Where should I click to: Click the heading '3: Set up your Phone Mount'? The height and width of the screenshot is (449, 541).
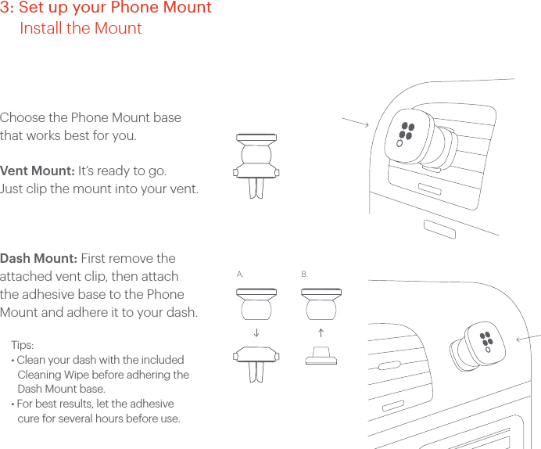click(106, 9)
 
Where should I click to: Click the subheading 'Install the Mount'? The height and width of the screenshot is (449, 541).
click(81, 29)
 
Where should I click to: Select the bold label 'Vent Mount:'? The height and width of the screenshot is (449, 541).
click(38, 171)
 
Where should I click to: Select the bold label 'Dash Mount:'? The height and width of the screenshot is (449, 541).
click(38, 259)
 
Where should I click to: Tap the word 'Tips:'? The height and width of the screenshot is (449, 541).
click(23, 345)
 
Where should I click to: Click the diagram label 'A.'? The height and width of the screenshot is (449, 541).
click(240, 275)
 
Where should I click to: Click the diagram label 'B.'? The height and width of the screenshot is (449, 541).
click(305, 275)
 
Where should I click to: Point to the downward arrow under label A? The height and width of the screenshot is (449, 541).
click(256, 332)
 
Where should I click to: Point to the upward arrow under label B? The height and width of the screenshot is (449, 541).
click(321, 332)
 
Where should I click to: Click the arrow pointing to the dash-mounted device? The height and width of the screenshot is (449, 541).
click(530, 335)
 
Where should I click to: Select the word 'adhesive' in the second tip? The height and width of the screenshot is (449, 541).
click(151, 404)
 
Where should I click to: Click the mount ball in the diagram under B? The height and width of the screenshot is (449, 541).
click(321, 308)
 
